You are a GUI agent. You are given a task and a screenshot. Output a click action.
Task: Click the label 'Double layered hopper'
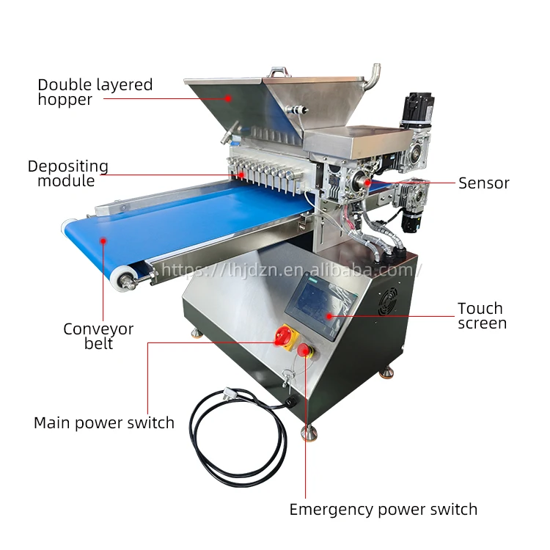coord(95,92)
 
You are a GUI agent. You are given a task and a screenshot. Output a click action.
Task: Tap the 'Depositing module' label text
coord(67,173)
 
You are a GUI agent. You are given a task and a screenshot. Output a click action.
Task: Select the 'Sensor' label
coord(483,183)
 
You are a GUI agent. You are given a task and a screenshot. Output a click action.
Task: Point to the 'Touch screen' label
coord(482,315)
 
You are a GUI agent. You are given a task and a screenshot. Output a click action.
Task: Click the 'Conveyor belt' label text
coord(98,336)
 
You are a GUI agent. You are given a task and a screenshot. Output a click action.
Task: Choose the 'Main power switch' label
coord(104,423)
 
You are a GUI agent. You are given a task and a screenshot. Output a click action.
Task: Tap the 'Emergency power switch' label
coord(383,509)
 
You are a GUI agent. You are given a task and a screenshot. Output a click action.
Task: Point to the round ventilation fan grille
coord(388,300)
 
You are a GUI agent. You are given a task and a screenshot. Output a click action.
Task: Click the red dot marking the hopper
coord(228,98)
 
